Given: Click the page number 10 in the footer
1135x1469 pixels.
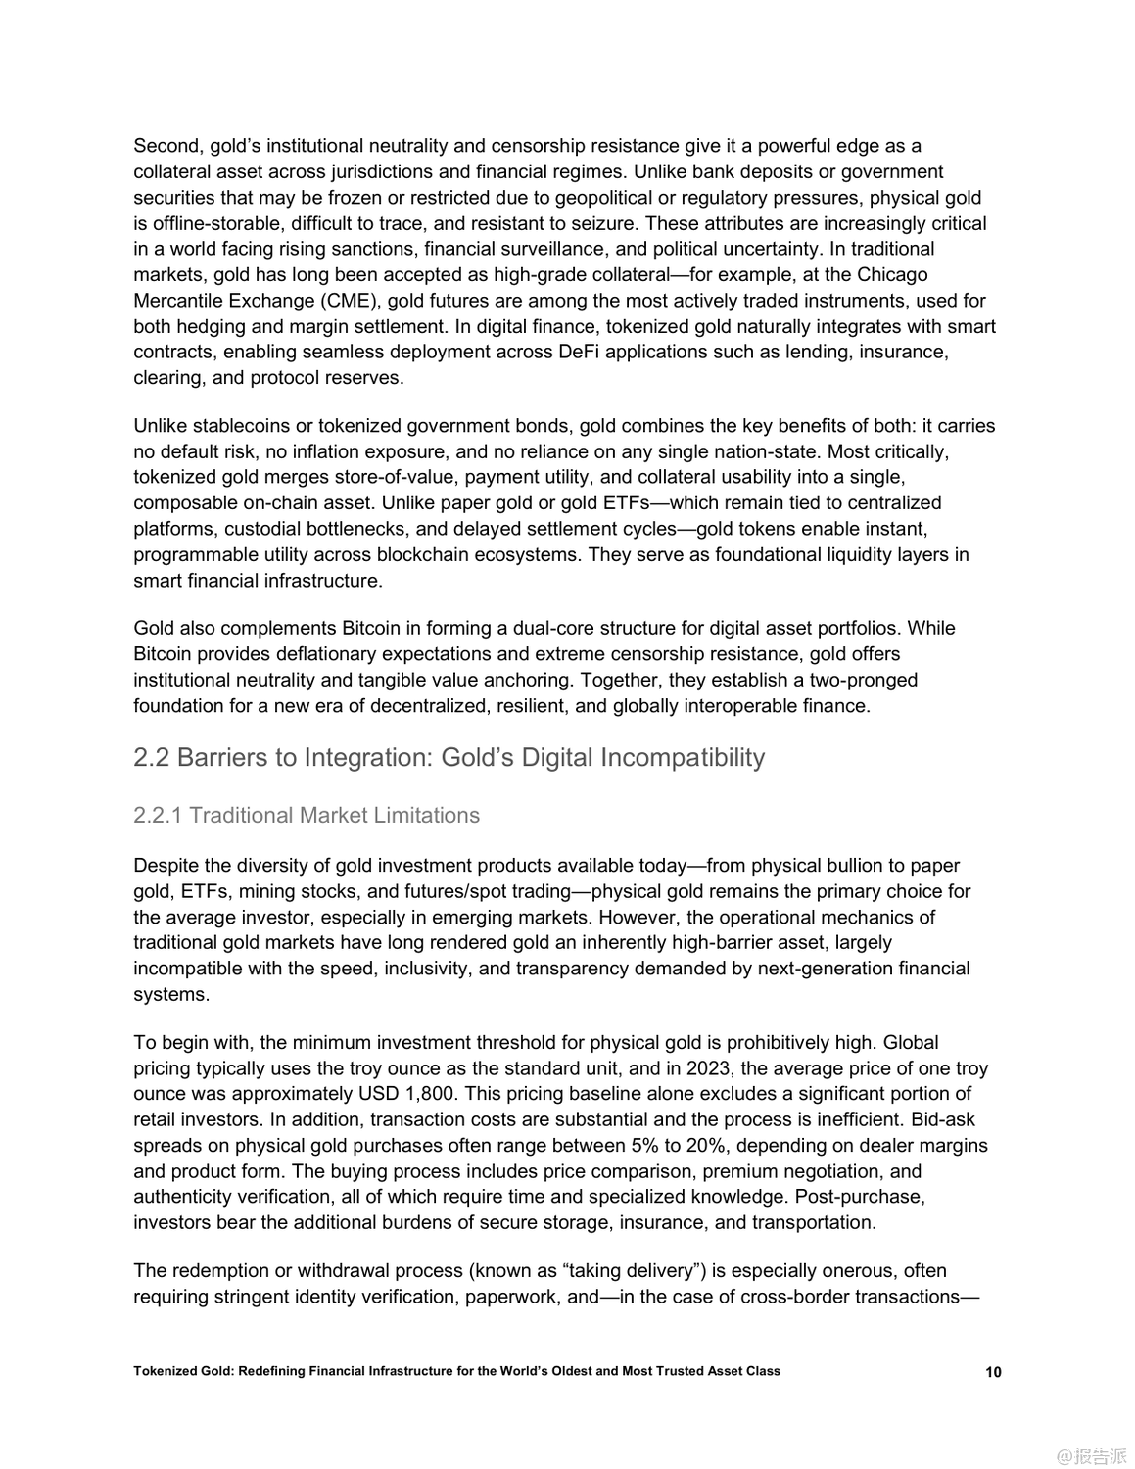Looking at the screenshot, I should (x=993, y=1372).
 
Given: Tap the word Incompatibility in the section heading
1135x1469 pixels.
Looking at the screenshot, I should (x=682, y=757).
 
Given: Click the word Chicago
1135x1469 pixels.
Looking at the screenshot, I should (x=892, y=274).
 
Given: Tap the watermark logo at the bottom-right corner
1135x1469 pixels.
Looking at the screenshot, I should (x=1091, y=1455).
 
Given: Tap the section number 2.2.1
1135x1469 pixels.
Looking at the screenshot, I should (x=158, y=815).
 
